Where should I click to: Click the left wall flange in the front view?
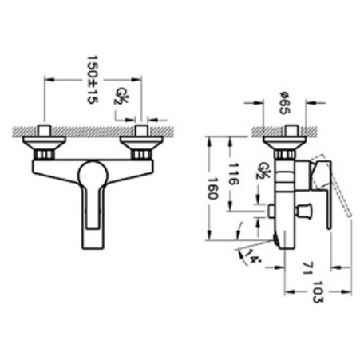46,146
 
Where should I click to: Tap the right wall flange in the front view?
142,146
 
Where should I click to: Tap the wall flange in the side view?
284,145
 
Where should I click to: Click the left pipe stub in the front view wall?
46,130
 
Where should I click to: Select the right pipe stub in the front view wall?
142,130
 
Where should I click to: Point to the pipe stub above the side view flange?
285,131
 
